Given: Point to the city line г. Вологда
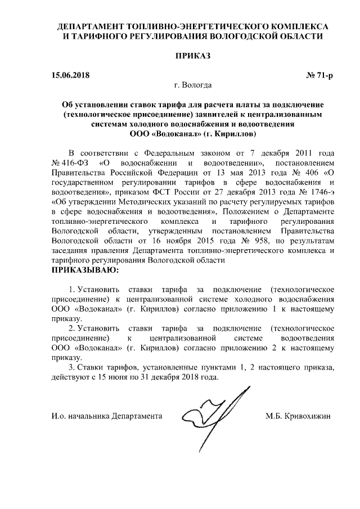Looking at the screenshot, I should (x=193, y=85).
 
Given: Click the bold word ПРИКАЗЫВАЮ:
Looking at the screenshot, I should (x=85, y=271).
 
